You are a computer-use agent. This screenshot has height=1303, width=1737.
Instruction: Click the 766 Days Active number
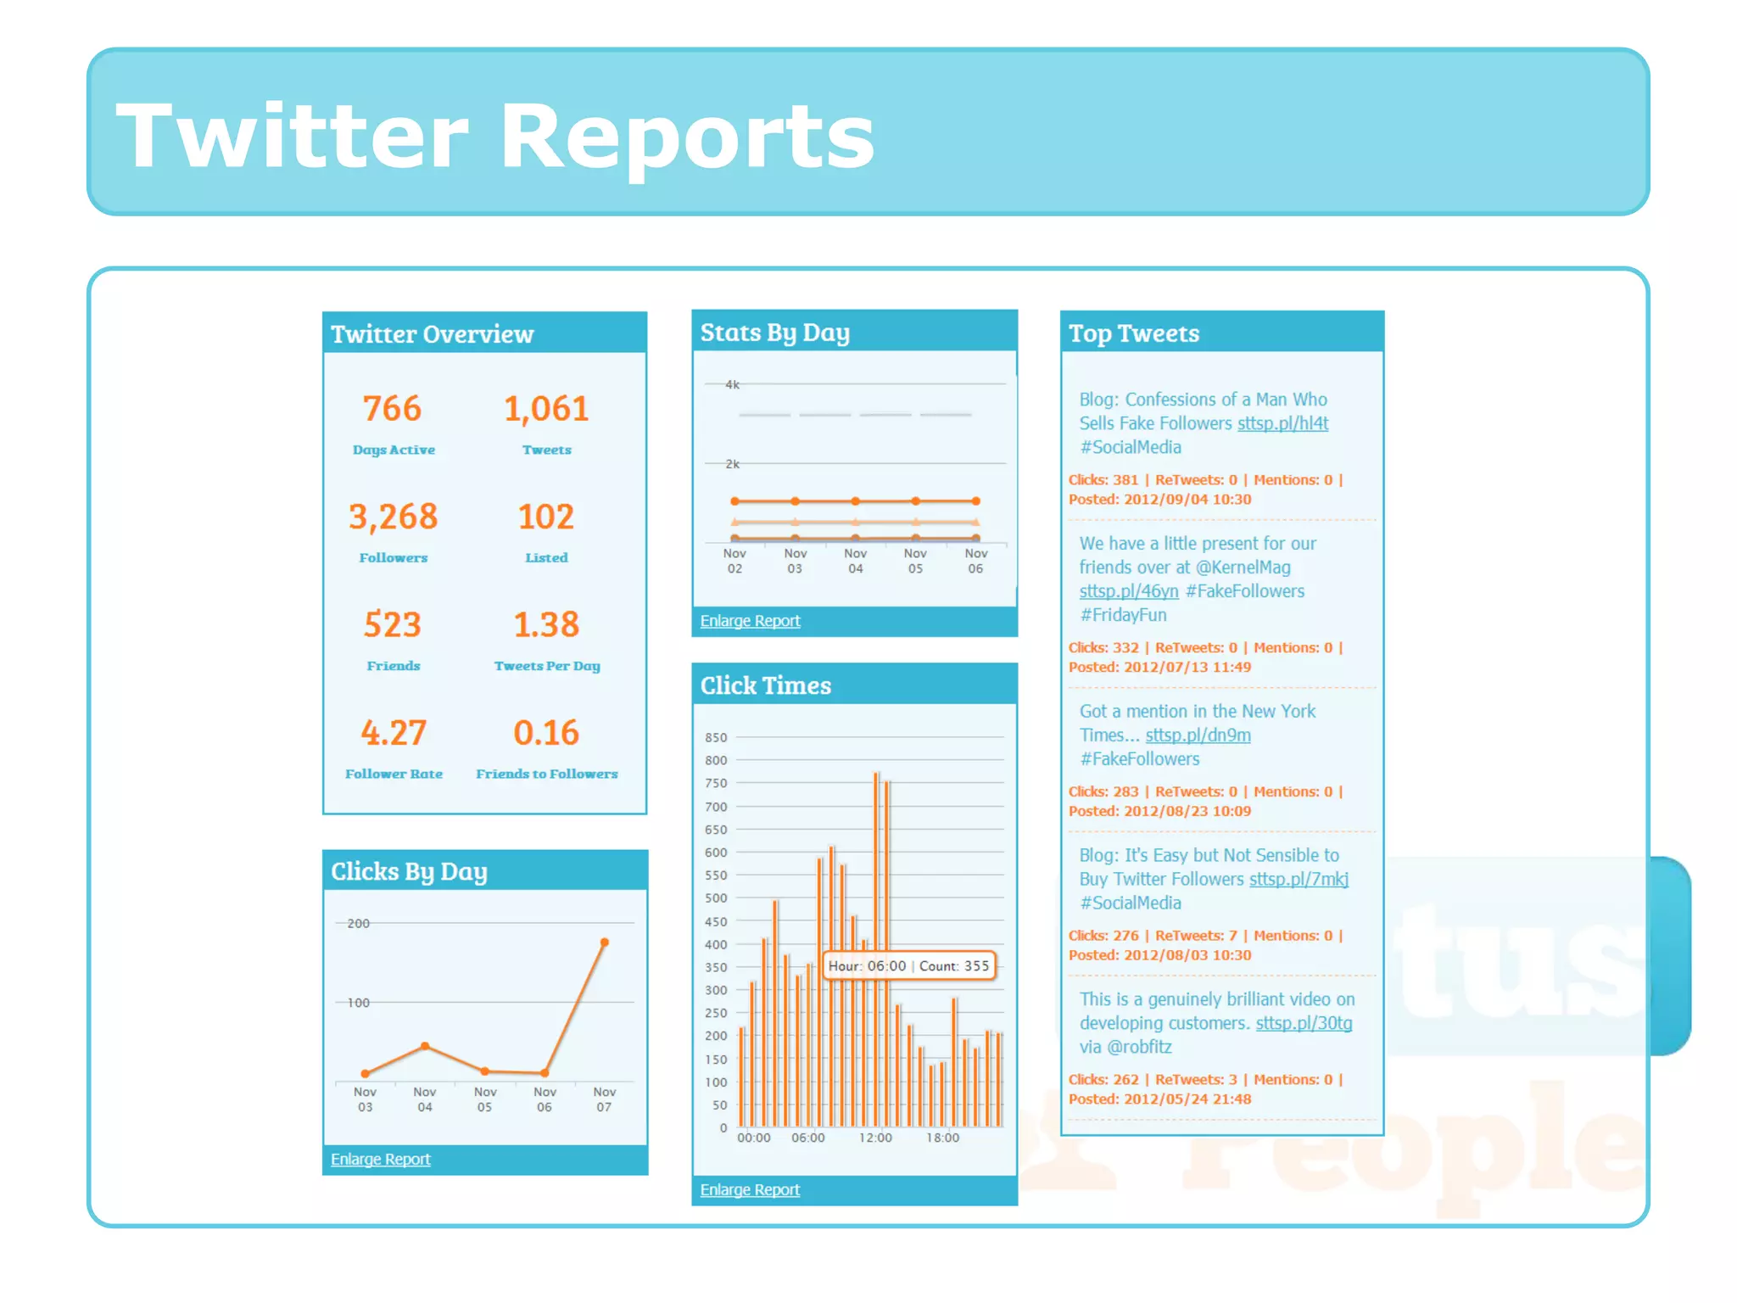(x=392, y=409)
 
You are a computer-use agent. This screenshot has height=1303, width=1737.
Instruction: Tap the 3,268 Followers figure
(x=393, y=517)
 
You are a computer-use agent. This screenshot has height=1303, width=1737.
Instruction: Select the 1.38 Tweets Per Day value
(x=546, y=625)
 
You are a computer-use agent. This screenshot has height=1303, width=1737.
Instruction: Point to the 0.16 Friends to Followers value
(x=546, y=733)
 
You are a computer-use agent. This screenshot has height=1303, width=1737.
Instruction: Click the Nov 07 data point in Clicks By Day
(x=605, y=942)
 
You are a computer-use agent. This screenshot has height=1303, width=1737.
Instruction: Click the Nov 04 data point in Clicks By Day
(x=425, y=1046)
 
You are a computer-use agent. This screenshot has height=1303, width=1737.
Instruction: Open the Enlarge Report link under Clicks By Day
(x=380, y=1159)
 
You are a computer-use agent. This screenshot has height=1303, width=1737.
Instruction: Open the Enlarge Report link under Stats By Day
(x=750, y=621)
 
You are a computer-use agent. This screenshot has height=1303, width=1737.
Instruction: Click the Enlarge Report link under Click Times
(x=750, y=1189)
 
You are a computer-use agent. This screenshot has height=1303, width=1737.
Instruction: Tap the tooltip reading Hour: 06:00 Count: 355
(x=908, y=966)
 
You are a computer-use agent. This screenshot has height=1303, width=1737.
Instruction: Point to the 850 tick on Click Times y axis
(x=716, y=737)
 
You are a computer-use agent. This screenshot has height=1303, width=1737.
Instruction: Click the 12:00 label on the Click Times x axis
(x=874, y=1138)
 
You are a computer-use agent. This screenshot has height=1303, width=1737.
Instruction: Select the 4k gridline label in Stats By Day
(x=732, y=385)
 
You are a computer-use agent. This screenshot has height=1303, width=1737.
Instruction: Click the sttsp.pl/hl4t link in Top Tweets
(x=1282, y=423)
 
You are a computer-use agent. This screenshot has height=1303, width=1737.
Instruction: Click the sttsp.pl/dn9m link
(x=1198, y=735)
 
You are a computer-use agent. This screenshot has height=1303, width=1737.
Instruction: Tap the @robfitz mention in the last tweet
(x=1139, y=1047)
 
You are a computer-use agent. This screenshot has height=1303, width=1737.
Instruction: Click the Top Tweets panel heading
(x=1134, y=333)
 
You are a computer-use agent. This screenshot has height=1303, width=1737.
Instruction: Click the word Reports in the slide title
(x=687, y=136)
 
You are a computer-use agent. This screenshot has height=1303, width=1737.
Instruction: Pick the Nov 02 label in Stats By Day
(x=734, y=561)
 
